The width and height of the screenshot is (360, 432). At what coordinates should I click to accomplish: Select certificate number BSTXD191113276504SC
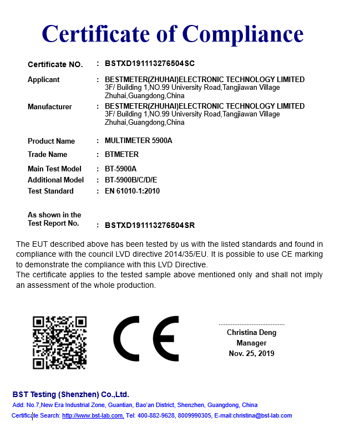click(150, 63)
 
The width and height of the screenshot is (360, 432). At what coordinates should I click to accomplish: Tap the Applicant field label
click(43, 80)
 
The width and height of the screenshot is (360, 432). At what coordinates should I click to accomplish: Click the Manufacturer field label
click(50, 106)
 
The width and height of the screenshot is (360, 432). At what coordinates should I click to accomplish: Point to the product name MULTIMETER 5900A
click(138, 141)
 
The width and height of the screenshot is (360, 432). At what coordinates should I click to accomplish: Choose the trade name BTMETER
click(121, 155)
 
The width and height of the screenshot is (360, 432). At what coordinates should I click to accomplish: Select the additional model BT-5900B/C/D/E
click(131, 180)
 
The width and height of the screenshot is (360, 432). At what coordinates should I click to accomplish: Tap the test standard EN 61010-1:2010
click(132, 191)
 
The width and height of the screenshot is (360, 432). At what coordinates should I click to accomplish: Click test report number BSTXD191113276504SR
click(150, 226)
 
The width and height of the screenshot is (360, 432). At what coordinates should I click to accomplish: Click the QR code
click(60, 342)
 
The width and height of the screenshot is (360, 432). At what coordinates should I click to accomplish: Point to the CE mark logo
click(146, 338)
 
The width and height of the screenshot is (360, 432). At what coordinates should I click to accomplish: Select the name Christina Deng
click(251, 333)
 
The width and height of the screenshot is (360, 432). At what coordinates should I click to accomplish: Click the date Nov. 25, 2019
click(251, 353)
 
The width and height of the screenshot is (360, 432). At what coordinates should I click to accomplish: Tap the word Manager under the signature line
click(251, 343)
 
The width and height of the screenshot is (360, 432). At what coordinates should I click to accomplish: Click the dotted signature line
click(251, 324)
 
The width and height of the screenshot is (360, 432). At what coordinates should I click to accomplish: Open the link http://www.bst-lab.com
click(93, 415)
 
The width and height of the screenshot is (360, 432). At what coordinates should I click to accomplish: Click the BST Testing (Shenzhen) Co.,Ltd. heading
click(71, 394)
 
